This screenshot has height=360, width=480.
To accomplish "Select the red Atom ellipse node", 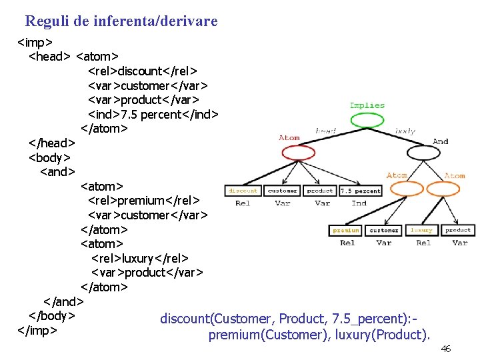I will coord(298,153).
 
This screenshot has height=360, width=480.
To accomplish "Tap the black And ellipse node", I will coord(424,153).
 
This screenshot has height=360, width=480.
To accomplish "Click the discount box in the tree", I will coord(243,191).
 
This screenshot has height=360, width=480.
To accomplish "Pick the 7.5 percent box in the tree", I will coord(360,191).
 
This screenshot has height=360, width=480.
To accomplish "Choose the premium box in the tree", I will coord(347,230).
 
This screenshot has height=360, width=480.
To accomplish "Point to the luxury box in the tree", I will coord(421,230).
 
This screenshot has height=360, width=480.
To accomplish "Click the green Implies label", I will coord(367,105).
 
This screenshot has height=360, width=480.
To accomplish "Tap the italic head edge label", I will coord(325,131).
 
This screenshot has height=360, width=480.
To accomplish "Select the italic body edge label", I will coord(405,131).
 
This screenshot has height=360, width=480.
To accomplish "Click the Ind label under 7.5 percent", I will coord(359,203).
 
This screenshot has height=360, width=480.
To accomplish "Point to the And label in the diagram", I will coord(441,141).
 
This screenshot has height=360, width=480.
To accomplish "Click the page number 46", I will coord(446,349).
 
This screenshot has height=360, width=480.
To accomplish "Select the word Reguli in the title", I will coord(43,21).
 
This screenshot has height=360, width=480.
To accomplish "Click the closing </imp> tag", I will coord(37,330).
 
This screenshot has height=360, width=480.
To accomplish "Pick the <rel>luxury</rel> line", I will coord(140,258).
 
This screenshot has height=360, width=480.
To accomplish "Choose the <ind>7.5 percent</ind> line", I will coord(153,114).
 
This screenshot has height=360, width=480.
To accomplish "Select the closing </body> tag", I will coord(51,315).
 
